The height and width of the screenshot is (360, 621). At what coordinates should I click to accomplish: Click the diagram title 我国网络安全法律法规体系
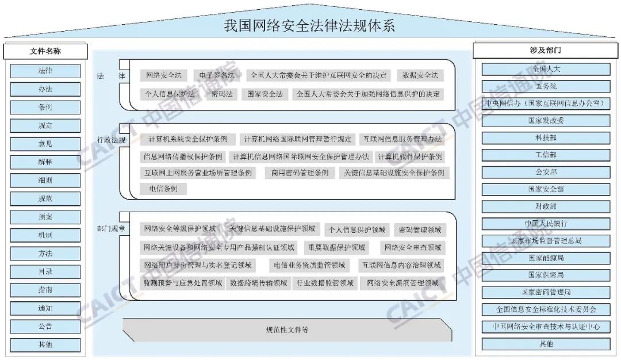(x=309, y=26)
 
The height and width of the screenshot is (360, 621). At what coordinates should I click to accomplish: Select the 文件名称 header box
(x=45, y=51)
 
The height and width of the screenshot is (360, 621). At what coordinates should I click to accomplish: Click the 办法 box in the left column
(x=45, y=89)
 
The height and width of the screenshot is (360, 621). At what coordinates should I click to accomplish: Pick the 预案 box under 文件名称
(x=45, y=217)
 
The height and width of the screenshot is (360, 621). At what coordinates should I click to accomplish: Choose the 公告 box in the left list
(x=45, y=327)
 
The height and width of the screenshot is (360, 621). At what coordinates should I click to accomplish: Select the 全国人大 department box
(x=546, y=69)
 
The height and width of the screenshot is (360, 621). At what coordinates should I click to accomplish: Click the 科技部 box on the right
(x=546, y=138)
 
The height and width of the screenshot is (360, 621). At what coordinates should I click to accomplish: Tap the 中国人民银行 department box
(x=546, y=223)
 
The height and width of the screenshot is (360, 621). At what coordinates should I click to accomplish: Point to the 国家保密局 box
(x=546, y=275)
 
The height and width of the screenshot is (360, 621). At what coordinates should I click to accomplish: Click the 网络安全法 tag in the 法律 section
(x=163, y=75)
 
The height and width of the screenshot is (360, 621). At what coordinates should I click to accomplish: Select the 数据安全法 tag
(x=420, y=75)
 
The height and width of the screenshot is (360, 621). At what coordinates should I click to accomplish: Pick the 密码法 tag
(x=221, y=94)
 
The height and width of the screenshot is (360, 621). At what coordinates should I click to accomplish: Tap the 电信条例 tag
(x=163, y=189)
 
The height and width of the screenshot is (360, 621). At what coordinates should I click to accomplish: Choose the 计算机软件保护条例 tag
(x=409, y=156)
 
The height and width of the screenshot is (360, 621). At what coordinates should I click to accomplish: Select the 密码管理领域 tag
(x=420, y=230)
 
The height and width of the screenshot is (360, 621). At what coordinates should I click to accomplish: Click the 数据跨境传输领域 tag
(x=258, y=283)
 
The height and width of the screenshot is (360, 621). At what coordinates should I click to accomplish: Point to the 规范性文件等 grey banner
(x=287, y=330)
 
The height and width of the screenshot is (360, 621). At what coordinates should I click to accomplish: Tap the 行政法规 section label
(x=110, y=140)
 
